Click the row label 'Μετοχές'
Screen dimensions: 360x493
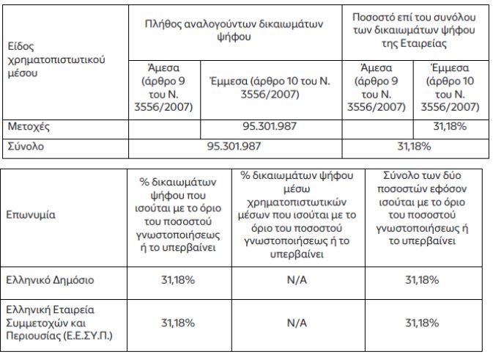pos(27,127)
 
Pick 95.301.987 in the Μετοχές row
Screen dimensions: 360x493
pos(270,127)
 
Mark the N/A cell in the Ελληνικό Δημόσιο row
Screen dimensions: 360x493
pos(297,280)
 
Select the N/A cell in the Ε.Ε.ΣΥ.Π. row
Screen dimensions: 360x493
pos(297,322)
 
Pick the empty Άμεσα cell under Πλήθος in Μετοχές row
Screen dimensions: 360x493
pos(163,127)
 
